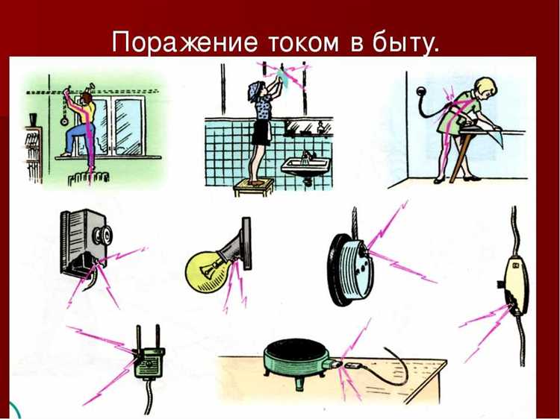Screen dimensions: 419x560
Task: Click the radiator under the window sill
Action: [x=88, y=180]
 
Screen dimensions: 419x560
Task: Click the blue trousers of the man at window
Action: [x=81, y=138]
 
